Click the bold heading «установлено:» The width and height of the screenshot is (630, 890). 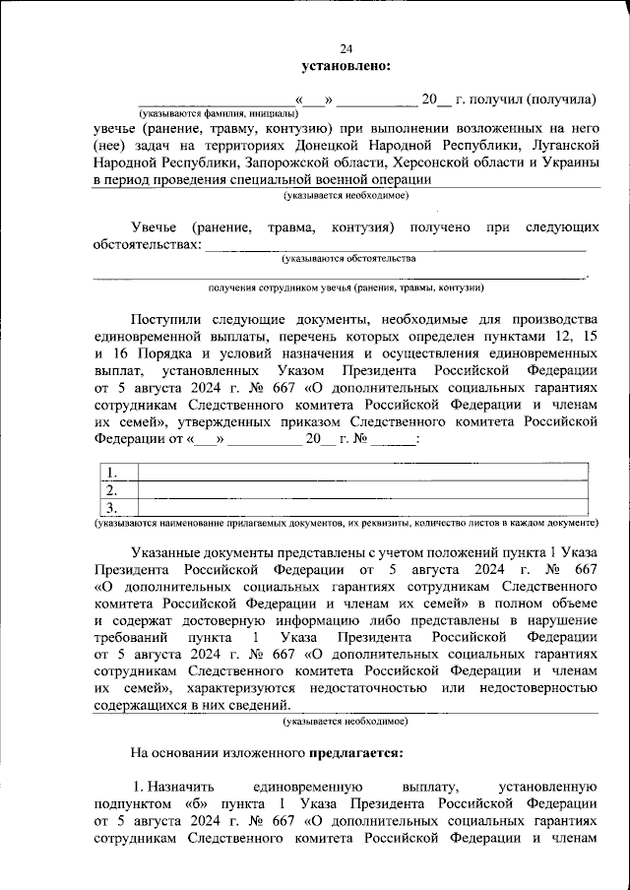click(x=346, y=66)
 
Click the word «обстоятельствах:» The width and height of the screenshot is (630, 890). click(x=148, y=244)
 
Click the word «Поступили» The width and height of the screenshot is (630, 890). click(x=165, y=320)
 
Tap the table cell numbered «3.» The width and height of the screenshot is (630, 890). click(x=113, y=508)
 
